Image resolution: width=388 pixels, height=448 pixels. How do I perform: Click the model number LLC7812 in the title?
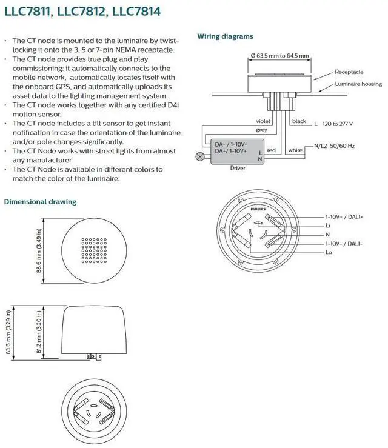click(x=76, y=10)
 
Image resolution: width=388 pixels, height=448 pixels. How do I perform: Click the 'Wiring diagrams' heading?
click(x=225, y=36)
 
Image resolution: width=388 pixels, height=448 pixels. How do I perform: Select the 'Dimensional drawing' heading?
click(x=40, y=201)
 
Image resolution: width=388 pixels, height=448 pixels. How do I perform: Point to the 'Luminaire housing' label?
click(x=358, y=84)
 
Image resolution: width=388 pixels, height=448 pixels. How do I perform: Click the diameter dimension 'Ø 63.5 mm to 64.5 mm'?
click(x=279, y=56)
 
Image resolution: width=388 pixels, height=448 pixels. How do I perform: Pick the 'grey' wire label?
click(x=261, y=130)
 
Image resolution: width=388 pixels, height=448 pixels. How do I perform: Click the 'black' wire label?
click(x=299, y=121)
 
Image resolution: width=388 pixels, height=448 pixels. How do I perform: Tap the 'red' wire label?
click(x=272, y=150)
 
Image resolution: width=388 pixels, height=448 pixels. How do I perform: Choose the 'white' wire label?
click(x=295, y=150)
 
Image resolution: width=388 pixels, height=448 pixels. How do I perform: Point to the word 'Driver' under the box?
click(x=238, y=168)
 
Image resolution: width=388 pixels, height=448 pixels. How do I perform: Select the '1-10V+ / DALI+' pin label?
click(x=344, y=216)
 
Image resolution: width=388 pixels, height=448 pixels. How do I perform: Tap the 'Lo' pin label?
click(x=329, y=251)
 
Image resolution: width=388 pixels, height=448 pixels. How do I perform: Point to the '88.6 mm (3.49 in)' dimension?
click(x=39, y=250)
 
